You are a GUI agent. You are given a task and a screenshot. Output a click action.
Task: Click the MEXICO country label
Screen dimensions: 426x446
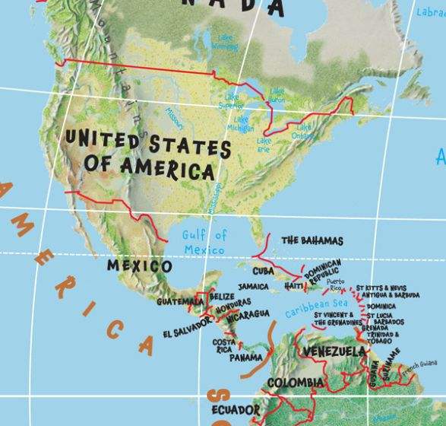(139, 266)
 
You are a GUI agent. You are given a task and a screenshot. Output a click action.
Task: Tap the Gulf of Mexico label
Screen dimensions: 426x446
(204, 243)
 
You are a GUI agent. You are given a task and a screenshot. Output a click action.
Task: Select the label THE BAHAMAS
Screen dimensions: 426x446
(312, 240)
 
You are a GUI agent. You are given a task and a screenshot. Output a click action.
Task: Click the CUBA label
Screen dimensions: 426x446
(263, 271)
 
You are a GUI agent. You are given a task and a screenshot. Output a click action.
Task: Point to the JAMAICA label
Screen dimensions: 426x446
(253, 287)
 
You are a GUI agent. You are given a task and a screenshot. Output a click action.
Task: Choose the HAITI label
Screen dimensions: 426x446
(294, 286)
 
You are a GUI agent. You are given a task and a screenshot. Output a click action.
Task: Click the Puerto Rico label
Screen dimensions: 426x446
(335, 285)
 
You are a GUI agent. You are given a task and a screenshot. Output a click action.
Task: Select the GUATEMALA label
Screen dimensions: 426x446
(180, 302)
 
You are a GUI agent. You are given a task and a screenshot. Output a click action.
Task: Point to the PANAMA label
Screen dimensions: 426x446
(246, 357)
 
